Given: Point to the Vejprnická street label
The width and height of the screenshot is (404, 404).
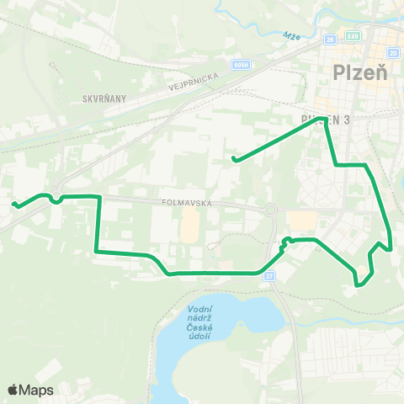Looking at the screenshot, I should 193,78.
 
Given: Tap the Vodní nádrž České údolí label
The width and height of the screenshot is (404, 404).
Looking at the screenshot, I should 199,323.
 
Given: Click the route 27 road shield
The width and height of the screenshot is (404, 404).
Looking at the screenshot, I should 270,275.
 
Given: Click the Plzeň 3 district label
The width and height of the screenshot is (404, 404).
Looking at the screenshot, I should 324,120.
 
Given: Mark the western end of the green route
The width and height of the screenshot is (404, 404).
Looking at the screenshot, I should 13,204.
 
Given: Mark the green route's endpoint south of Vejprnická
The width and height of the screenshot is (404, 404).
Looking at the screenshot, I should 234,159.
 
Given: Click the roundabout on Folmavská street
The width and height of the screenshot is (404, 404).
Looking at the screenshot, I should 271,210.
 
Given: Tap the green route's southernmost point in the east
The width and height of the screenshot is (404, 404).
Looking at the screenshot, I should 359,285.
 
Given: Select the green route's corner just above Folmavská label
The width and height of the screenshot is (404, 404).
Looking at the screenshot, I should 100,196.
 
